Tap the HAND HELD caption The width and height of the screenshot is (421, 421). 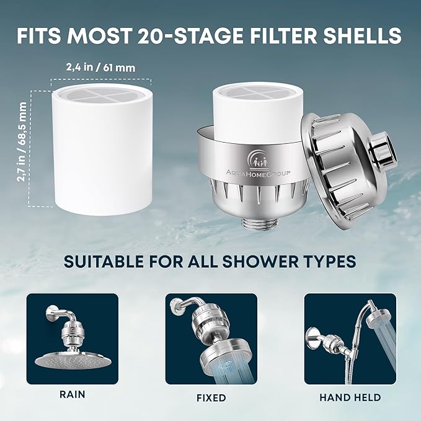point(351,397)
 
